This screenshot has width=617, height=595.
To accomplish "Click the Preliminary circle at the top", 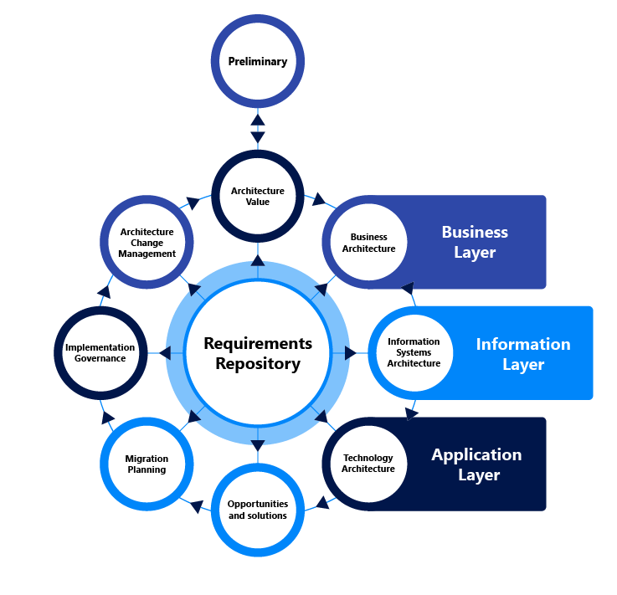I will coord(258,61).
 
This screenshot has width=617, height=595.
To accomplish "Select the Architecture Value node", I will coord(258,196).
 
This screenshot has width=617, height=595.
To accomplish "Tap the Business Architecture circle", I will coord(368,243).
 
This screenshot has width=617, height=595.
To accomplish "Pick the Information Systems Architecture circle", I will coord(414,352).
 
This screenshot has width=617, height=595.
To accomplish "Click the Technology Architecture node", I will coord(368,464).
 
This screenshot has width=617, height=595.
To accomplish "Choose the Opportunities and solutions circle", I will coord(258,510).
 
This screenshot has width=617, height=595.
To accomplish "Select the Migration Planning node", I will coord(147,464).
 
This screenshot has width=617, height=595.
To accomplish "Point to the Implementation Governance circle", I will coord(100,352).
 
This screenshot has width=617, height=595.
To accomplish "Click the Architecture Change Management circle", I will coord(147,243).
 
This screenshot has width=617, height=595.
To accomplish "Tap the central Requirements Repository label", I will coord(258,353).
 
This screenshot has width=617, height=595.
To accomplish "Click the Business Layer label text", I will coord(475,242).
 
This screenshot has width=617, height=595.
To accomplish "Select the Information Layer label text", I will coord(523,354).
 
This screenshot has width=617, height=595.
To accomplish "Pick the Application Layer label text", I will coord(477,464).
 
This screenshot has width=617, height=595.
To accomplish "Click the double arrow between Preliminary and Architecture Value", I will coord(258,128).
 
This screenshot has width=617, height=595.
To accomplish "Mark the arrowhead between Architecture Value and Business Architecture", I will coord(319,200).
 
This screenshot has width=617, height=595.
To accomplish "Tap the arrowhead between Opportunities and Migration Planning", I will coord(197,505).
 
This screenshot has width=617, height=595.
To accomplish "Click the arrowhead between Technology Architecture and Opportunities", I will coord(320,505).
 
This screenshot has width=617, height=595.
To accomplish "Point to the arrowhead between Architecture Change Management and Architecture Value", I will coord(193,203).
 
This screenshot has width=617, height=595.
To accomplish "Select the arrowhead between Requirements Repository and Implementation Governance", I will coord(165,353).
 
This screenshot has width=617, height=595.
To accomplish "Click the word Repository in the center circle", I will coord(258,364).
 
